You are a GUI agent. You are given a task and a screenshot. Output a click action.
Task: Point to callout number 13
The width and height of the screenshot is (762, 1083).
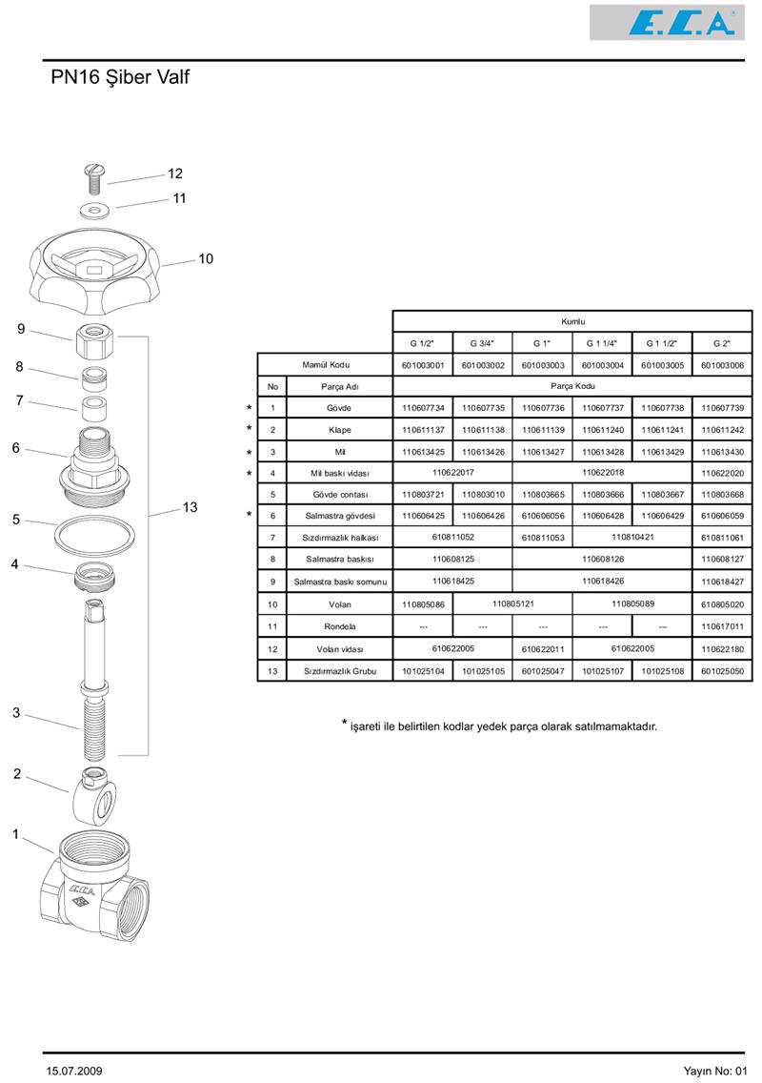tap(190, 507)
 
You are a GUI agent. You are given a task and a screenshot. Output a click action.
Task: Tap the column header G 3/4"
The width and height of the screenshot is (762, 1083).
tap(482, 343)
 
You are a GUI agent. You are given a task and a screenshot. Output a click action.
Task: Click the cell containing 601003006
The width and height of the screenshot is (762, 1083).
tap(722, 365)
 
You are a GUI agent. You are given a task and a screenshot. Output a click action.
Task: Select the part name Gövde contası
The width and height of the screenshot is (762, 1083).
tap(339, 495)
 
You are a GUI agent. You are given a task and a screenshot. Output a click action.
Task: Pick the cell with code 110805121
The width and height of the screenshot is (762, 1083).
tap(512, 603)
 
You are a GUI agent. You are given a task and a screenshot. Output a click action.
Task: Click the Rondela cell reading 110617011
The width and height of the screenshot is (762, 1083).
tap(722, 626)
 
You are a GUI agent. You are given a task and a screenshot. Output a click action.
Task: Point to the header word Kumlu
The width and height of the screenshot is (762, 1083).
tap(572, 321)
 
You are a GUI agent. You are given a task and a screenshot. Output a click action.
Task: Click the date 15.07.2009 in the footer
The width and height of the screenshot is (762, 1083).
tap(74, 1071)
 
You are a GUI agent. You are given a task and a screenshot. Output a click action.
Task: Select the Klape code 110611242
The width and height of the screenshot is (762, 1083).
tap(722, 430)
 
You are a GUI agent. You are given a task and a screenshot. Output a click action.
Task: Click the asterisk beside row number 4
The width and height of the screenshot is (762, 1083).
tap(250, 474)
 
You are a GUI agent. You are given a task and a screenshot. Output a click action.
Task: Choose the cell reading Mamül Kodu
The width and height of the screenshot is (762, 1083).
tap(325, 365)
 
